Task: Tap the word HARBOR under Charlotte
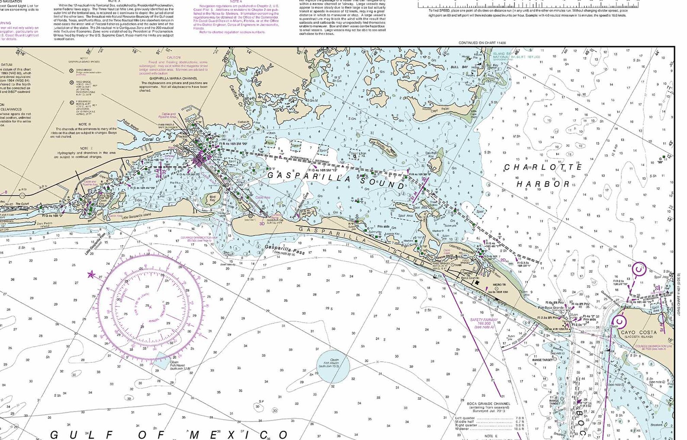pos(543,184)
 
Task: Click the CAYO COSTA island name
pos(639,332)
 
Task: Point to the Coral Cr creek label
pos(151,140)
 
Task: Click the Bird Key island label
pos(212,198)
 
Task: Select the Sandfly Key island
pos(383,148)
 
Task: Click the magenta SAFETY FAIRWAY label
pos(484,322)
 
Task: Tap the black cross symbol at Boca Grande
pos(478,283)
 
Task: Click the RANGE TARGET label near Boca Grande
pos(542,360)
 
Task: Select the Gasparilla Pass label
pos(284,249)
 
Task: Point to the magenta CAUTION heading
pos(173,57)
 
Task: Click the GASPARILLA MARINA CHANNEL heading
pos(173,78)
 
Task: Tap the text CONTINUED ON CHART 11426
pos(482,43)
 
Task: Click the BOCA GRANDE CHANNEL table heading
pos(488,403)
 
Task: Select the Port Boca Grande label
pos(551,307)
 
